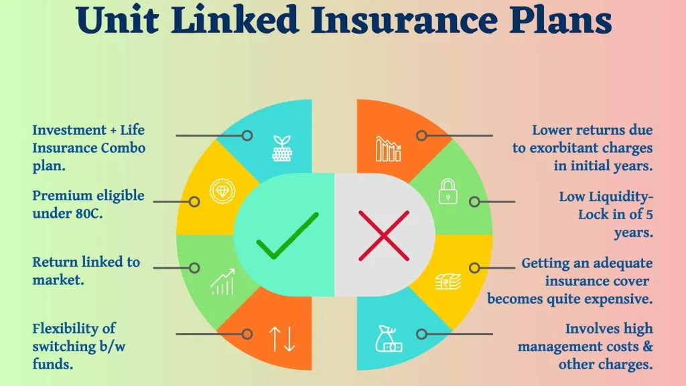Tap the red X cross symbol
coord(384,235)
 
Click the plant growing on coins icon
coord(282,148)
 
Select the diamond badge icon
coord(222,191)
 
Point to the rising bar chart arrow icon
coord(222,282)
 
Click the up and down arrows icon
coord(282,339)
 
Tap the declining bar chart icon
coord(388,149)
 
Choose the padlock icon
coord(448,191)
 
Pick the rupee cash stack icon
coord(448,281)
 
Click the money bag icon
coord(389,338)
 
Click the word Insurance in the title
coord(404,20)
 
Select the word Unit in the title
coord(117,20)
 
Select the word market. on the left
coord(58,280)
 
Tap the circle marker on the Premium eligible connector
coord(194,202)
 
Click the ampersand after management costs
coord(648,346)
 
